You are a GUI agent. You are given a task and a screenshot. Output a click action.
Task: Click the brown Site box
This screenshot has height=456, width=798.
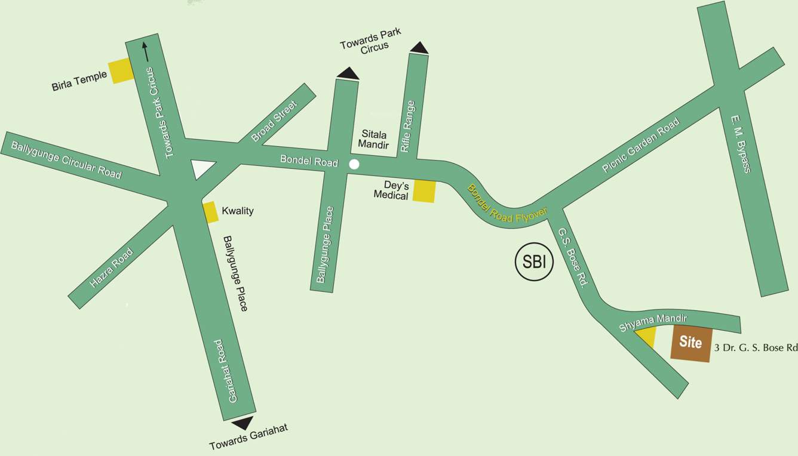pyautogui.click(x=691, y=343)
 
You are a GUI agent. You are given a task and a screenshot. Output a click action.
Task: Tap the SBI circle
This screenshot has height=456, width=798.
pyautogui.click(x=535, y=262)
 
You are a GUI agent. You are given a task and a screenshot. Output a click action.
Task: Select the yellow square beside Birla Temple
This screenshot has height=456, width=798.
pyautogui.click(x=121, y=71)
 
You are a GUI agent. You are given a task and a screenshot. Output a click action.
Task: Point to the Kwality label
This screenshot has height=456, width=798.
pyautogui.click(x=237, y=211)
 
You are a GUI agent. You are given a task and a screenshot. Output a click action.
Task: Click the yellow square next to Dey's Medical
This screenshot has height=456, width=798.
pyautogui.click(x=425, y=191)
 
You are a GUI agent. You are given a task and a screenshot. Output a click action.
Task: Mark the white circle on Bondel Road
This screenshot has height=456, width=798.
pyautogui.click(x=354, y=164)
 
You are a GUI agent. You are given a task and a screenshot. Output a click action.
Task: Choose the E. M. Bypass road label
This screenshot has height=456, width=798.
pyautogui.click(x=740, y=144)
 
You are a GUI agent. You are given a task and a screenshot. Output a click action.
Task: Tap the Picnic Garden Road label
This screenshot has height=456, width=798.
pyautogui.click(x=640, y=146)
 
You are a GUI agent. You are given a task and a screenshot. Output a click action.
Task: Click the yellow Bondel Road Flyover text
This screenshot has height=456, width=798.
pyautogui.click(x=507, y=205)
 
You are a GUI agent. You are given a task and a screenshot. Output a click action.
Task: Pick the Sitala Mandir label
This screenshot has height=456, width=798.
pyautogui.click(x=373, y=140)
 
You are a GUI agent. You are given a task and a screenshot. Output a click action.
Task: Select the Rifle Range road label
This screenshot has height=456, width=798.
pyautogui.click(x=408, y=127)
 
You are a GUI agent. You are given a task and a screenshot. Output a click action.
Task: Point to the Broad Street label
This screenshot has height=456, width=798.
pyautogui.click(x=274, y=121)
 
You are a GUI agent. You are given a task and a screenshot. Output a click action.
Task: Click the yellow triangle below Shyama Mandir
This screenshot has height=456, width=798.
pyautogui.click(x=647, y=337)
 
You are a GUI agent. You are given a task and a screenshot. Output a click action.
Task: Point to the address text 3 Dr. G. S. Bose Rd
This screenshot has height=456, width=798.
pyautogui.click(x=756, y=347)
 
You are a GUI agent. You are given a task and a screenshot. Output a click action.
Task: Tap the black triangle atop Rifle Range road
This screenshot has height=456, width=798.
pyautogui.click(x=419, y=48)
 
